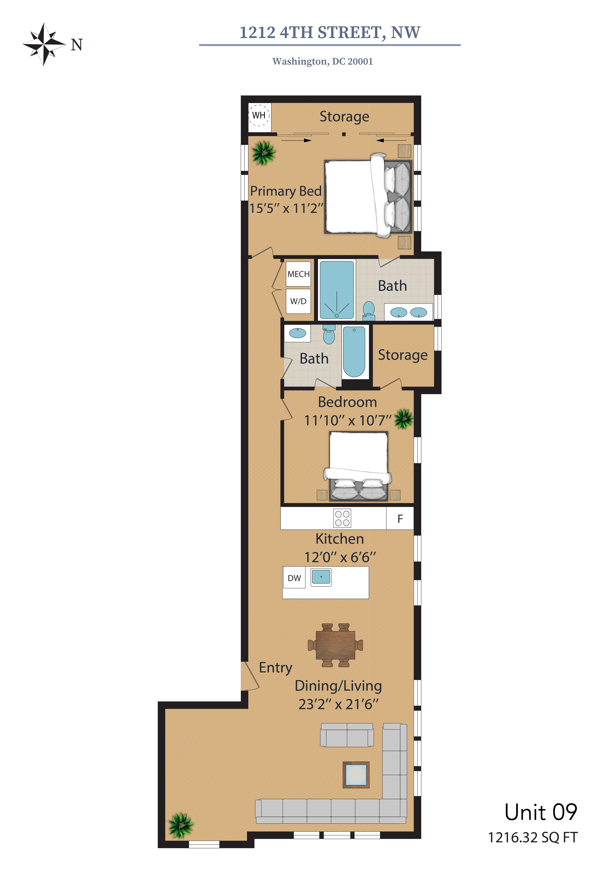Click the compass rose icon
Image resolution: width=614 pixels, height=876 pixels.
point(44,44)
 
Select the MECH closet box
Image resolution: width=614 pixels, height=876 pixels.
point(298,274)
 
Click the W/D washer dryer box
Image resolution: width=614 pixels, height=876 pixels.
point(298,301)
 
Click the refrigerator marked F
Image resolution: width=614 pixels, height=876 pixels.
point(400,518)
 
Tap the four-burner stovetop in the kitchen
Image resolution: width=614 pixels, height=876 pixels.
point(342,518)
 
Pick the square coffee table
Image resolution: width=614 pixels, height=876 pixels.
point(356,775)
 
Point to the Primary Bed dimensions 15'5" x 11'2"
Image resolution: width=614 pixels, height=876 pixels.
point(286,208)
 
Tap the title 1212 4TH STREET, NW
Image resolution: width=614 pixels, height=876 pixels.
point(330,33)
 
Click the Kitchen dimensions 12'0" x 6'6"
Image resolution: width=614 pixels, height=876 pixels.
point(340,557)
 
